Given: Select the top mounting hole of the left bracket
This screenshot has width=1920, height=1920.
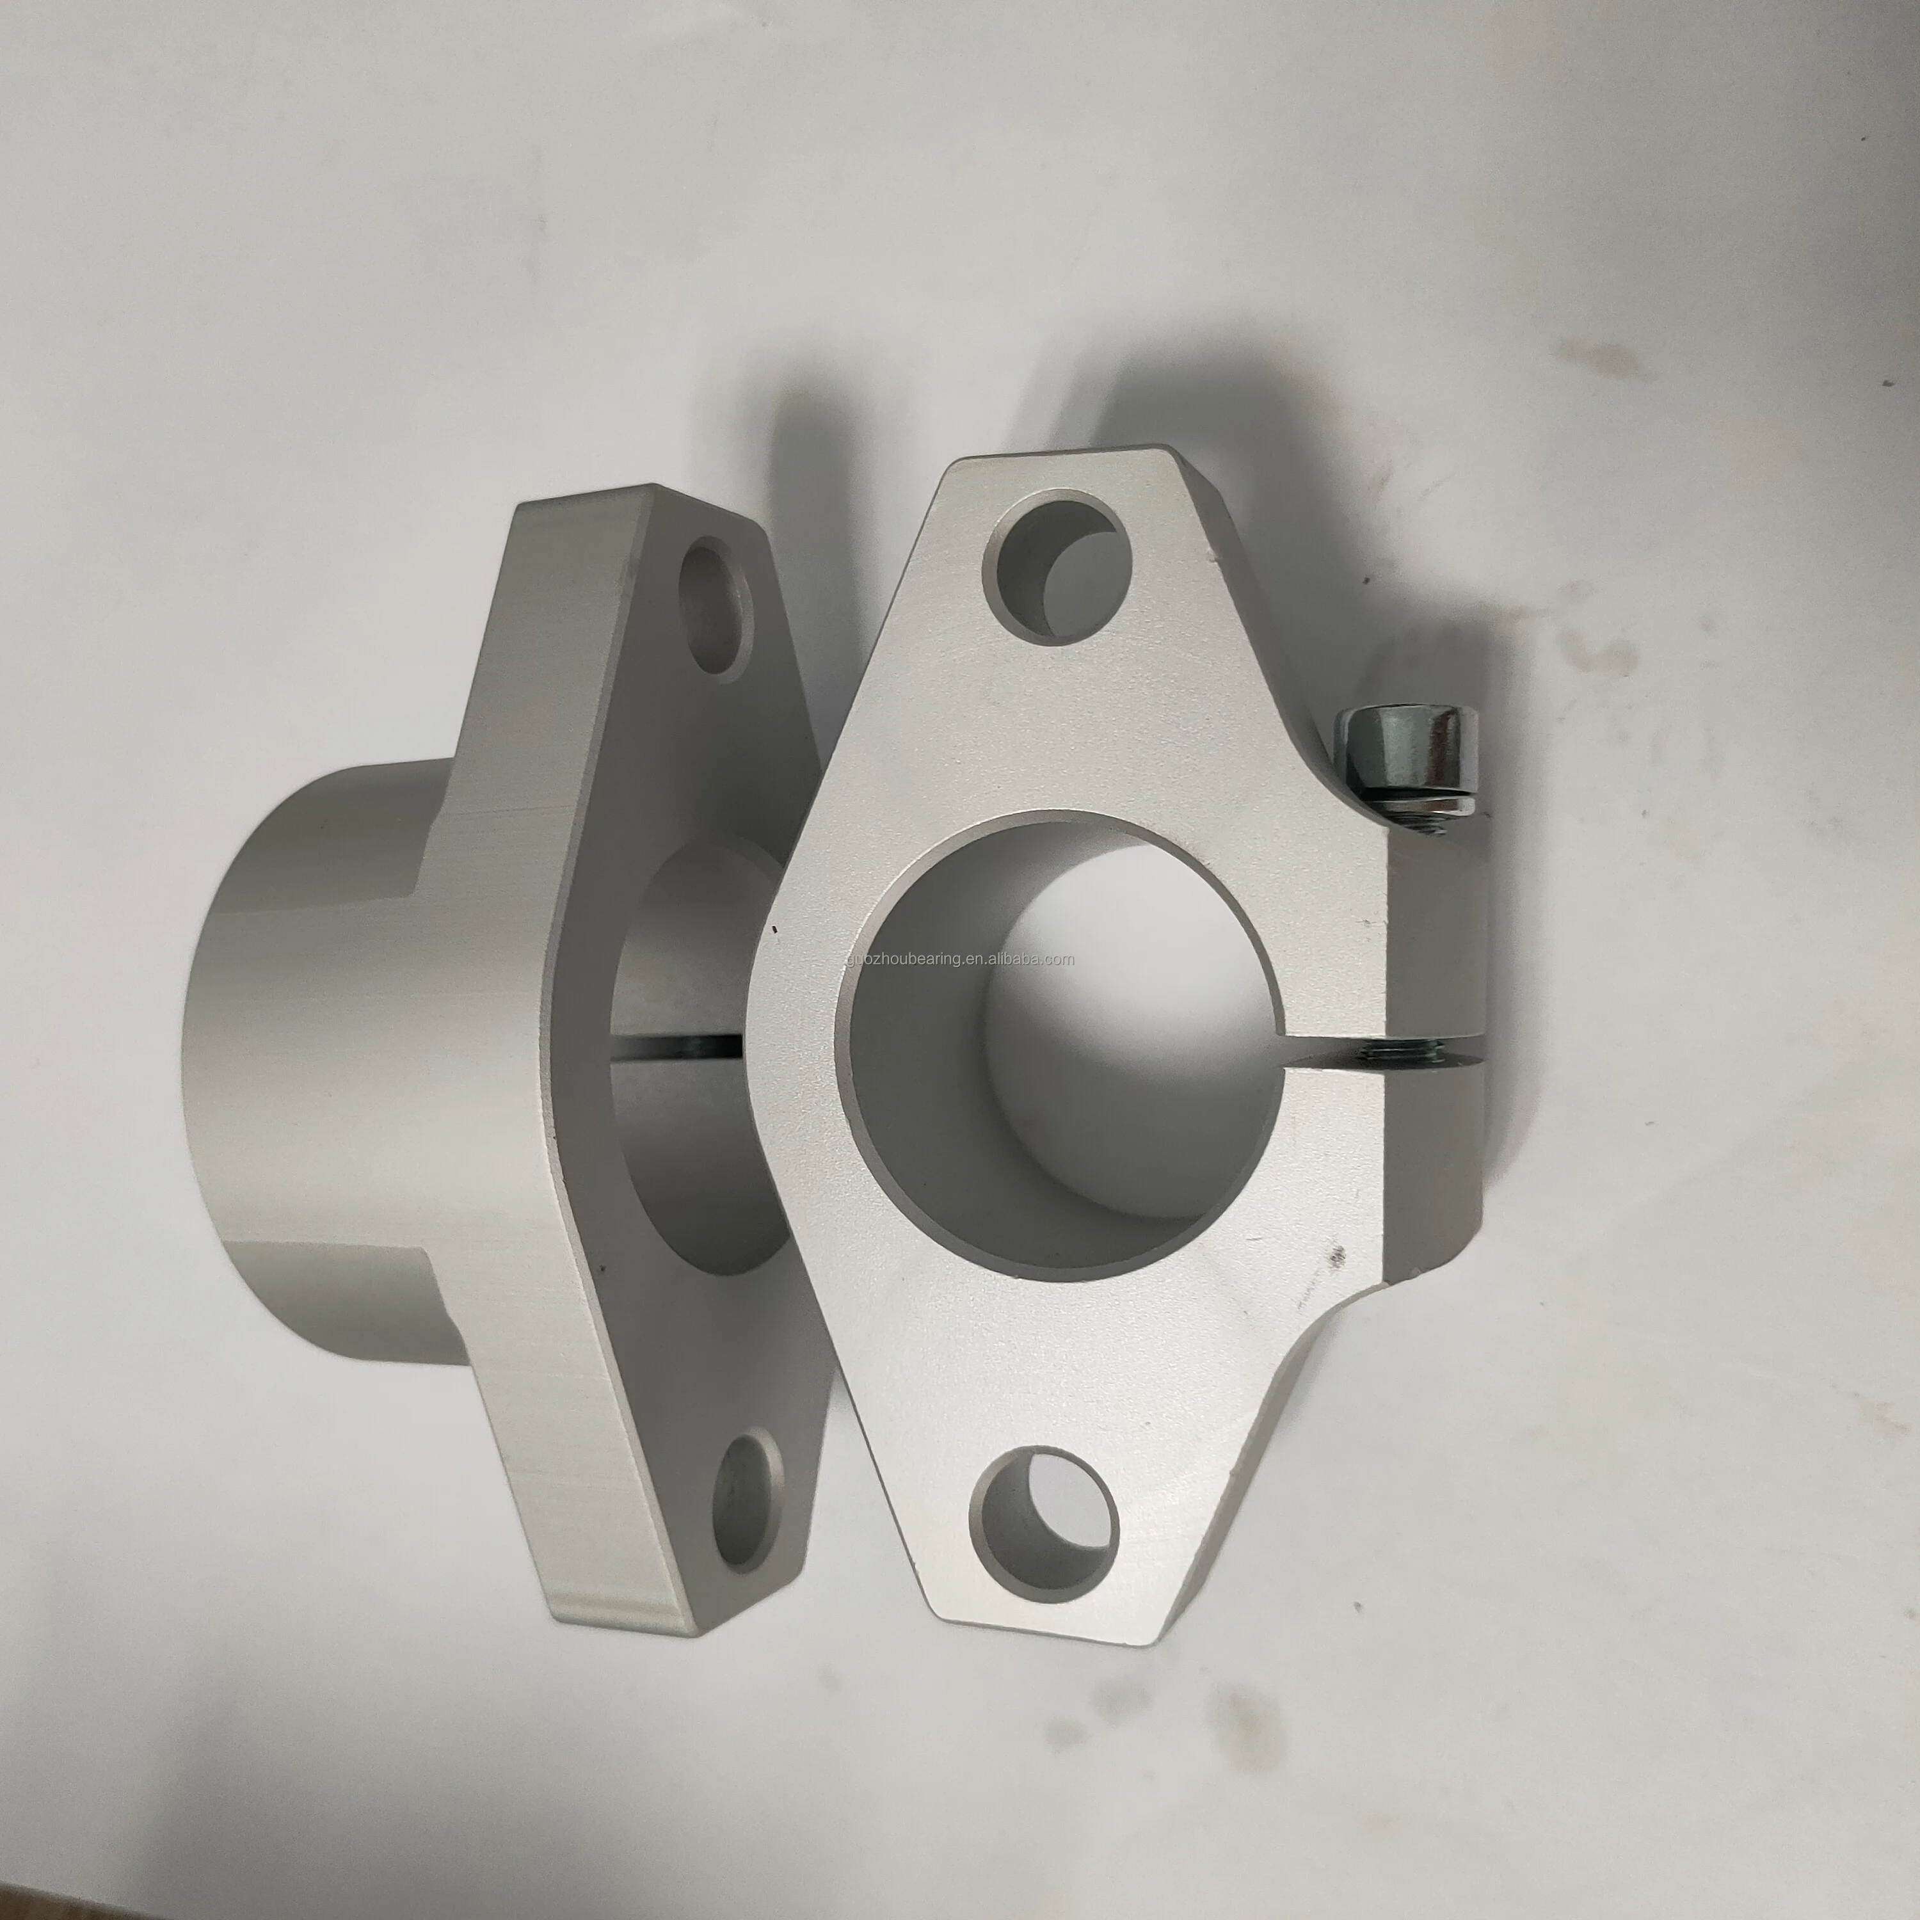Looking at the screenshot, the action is [x=716, y=609].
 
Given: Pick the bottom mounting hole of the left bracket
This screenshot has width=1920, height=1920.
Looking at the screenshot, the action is [x=750, y=1503].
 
